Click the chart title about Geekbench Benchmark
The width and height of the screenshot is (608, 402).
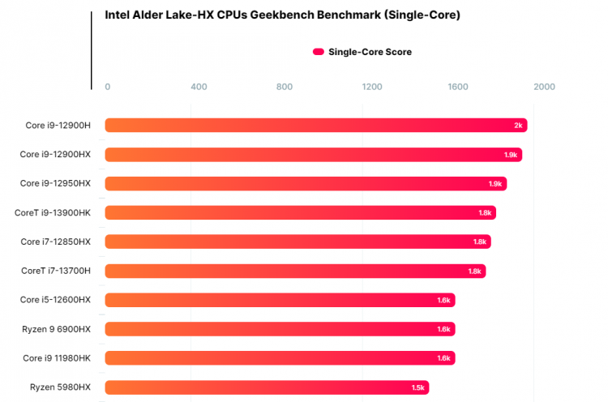[x=283, y=15]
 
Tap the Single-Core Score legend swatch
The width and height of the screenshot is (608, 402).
[x=319, y=52]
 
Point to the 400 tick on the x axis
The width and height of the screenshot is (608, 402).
[x=199, y=87]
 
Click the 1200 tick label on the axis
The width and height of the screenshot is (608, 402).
[x=371, y=87]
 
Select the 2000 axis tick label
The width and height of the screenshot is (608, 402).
[x=544, y=87]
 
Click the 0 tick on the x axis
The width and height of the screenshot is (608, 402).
[x=108, y=87]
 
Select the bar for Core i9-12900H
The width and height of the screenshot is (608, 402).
[x=316, y=126]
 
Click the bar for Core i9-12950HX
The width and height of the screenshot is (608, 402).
[x=306, y=184]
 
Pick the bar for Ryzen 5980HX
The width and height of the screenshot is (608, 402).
[x=267, y=387]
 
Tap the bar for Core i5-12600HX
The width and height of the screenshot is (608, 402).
[x=280, y=300]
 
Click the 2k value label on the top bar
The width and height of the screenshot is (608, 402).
[x=518, y=126]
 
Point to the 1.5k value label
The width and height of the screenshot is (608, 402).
[x=417, y=387]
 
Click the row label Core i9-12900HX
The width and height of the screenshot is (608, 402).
[x=55, y=154]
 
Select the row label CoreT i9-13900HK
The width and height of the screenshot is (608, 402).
[x=53, y=212]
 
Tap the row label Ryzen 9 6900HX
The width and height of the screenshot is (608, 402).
[x=57, y=329]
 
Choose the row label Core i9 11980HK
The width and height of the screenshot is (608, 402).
[x=57, y=358]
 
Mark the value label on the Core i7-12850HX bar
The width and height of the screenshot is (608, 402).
[x=480, y=242]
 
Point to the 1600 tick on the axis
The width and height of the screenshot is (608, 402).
[x=458, y=87]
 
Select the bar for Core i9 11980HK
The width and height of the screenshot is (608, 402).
[x=280, y=358]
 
